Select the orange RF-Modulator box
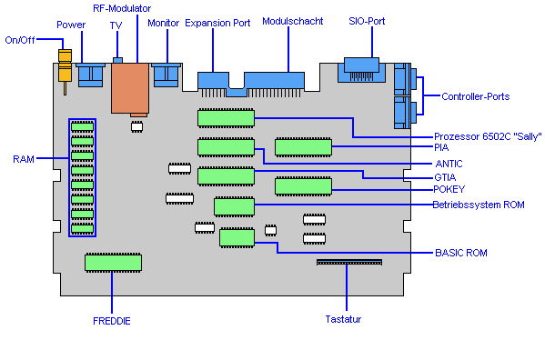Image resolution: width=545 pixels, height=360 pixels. [x=130, y=88]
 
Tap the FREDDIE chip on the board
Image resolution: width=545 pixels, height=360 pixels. [x=114, y=263]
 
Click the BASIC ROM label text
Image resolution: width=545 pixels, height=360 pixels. [x=461, y=253]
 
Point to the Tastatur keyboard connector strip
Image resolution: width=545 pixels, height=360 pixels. [x=349, y=262]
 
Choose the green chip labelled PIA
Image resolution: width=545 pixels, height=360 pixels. [x=303, y=147]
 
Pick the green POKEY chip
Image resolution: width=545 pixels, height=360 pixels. [x=303, y=186]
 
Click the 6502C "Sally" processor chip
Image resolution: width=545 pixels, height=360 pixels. [x=226, y=118]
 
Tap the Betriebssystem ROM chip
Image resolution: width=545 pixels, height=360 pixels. [x=234, y=207]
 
